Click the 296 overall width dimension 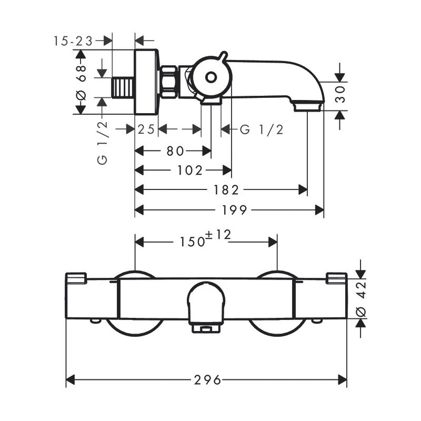pos(207,379)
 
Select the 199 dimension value pos(234,210)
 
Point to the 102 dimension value pos(191,170)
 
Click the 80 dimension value pos(175,151)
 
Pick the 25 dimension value pos(146,129)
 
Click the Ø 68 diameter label pos(81,82)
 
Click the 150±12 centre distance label pos(207,239)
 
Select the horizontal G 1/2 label pos(262,129)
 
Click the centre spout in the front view pos(207,305)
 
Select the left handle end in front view pos(76,278)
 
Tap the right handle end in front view pos(336,278)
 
